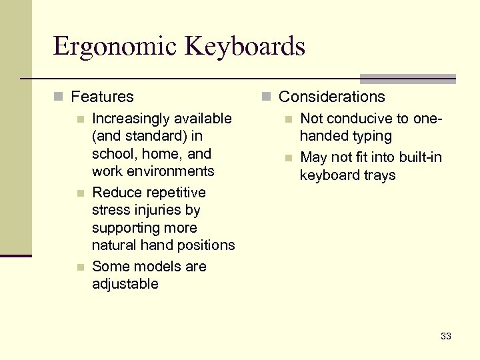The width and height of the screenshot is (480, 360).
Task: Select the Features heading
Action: click(102, 97)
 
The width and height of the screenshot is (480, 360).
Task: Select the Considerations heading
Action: click(331, 97)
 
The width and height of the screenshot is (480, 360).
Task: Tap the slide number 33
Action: click(446, 336)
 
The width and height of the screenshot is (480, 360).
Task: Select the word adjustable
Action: click(125, 284)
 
